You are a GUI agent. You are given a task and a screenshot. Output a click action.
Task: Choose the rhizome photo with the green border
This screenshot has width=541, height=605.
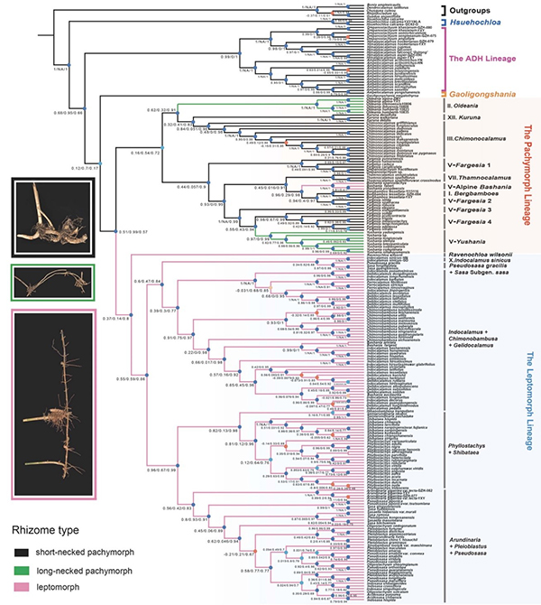(x=51, y=281)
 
